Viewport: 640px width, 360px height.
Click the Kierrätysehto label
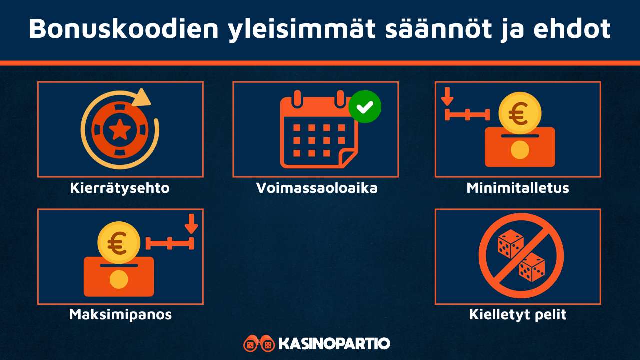point(120,188)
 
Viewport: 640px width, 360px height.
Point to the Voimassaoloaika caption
point(317,188)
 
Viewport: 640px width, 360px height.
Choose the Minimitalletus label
point(518,188)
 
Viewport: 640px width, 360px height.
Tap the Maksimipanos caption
point(120,314)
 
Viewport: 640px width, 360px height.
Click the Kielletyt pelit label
point(518,315)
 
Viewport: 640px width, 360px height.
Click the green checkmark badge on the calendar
point(365,106)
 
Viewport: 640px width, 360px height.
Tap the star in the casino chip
point(120,130)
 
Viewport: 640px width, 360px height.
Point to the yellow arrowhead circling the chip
point(142,97)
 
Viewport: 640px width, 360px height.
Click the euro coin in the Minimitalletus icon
point(520,115)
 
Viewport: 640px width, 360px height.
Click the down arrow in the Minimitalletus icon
point(447,96)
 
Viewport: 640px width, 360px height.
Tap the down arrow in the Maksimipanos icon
point(191,223)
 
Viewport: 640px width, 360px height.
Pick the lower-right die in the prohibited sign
point(531,267)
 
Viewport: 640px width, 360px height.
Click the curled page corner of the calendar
point(348,157)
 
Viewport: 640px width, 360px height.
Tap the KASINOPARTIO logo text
point(334,344)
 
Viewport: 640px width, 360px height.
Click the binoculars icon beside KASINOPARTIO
point(259,344)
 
